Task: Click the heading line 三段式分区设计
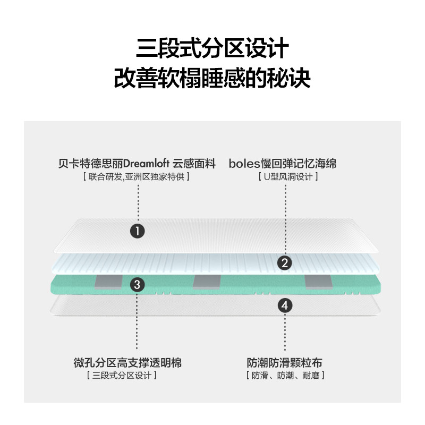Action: [x=212, y=49]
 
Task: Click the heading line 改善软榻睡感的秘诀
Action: [x=212, y=79]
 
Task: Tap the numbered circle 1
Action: [x=138, y=231]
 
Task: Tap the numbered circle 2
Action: [x=285, y=262]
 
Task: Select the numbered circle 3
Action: [x=138, y=285]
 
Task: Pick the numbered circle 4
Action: [x=285, y=305]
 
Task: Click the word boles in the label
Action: [x=242, y=164]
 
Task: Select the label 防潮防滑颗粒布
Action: [x=285, y=363]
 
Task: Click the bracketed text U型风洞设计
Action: [x=287, y=176]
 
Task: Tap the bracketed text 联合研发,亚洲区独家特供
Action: [x=137, y=176]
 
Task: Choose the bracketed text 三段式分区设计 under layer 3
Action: [x=122, y=376]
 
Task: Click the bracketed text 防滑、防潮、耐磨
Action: [x=285, y=376]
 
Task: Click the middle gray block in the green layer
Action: [x=206, y=282]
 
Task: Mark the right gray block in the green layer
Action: [x=318, y=282]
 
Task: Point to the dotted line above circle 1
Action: [x=138, y=205]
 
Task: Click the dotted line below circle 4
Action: [x=285, y=332]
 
